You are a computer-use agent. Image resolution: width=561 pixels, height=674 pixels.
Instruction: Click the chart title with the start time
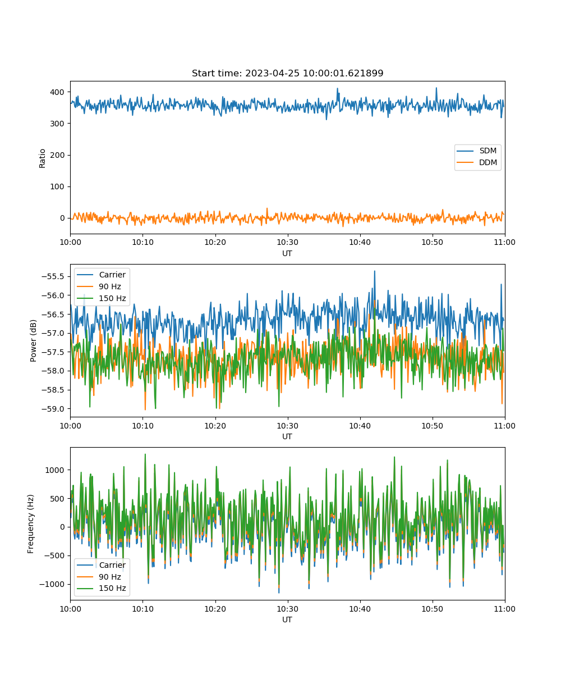click(287, 73)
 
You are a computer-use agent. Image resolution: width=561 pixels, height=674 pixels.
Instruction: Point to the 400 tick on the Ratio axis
click(57, 92)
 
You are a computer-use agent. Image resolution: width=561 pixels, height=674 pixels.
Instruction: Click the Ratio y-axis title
click(42, 158)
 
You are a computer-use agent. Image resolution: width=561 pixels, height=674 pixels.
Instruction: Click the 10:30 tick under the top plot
click(287, 242)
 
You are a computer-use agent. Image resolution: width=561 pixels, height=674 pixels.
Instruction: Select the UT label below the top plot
click(287, 253)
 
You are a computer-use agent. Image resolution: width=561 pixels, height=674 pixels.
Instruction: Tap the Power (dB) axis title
click(33, 340)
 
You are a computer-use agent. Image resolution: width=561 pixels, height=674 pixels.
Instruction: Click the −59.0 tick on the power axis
click(53, 409)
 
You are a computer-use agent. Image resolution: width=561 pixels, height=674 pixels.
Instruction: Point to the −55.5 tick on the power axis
click(53, 277)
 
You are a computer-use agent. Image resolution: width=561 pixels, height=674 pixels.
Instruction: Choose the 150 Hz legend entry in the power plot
click(102, 298)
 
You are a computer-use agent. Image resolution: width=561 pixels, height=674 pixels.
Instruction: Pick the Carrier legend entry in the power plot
click(102, 275)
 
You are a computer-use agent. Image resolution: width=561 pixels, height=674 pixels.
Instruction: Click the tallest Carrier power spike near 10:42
click(374, 271)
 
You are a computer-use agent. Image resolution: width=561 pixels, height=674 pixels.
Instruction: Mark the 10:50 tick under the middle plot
click(432, 426)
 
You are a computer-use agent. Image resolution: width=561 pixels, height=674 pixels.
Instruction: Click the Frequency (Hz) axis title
click(31, 523)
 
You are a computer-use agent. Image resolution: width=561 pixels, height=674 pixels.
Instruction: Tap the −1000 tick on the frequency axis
click(52, 584)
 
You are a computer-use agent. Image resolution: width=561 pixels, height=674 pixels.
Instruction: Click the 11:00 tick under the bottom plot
click(504, 609)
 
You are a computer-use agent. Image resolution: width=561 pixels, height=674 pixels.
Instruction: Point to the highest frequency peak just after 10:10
click(145, 454)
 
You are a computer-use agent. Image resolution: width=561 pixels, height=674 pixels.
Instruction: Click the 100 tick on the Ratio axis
click(57, 186)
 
